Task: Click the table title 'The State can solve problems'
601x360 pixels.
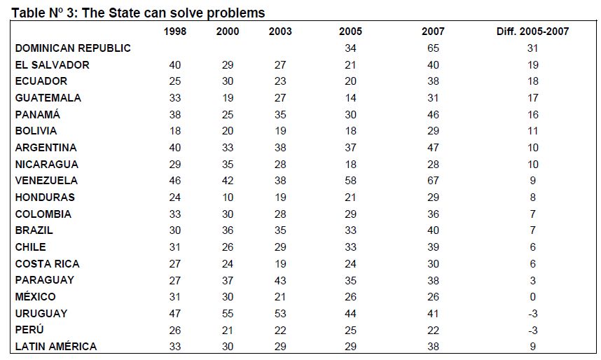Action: point(173,13)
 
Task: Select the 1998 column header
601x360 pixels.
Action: point(175,32)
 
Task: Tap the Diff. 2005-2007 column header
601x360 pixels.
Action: point(532,32)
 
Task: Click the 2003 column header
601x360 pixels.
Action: point(280,32)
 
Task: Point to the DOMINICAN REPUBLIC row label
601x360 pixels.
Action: point(73,48)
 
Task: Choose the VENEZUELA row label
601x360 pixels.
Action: point(46,181)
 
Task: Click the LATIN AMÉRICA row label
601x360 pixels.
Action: point(56,347)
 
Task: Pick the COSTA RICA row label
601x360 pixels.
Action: point(48,264)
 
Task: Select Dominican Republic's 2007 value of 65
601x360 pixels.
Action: point(433,48)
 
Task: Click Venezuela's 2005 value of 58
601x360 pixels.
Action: point(350,181)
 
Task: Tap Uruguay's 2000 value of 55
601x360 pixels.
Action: point(228,314)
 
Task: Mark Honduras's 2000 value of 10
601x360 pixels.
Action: point(228,198)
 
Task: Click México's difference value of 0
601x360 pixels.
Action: point(533,297)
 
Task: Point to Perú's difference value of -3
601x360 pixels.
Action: point(533,330)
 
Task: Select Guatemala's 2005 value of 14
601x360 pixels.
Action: point(350,98)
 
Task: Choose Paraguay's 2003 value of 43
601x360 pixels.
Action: point(280,280)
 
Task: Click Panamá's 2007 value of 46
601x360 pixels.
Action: point(433,115)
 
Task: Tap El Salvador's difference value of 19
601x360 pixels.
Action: point(533,65)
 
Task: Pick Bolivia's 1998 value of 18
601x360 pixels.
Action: point(175,131)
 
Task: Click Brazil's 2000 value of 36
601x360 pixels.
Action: point(228,230)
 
